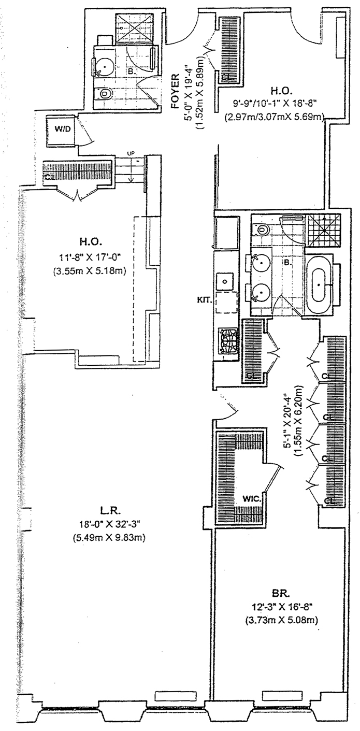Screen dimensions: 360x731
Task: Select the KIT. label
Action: click(x=204, y=299)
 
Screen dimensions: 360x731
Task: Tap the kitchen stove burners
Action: click(x=226, y=342)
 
